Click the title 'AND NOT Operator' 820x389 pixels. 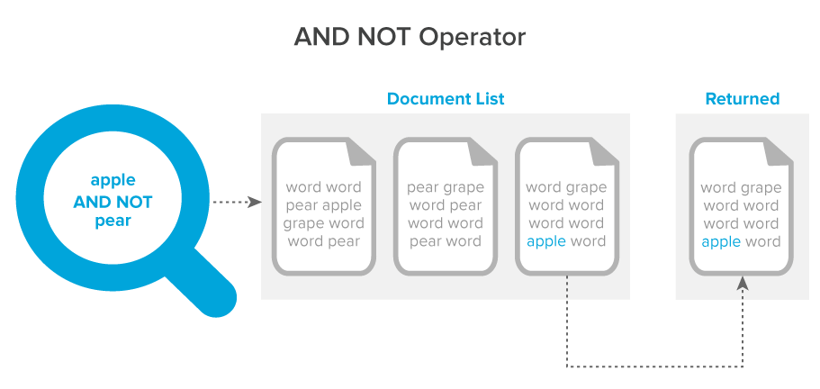(410, 38)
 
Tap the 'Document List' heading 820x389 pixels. (446, 99)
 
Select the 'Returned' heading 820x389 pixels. (742, 99)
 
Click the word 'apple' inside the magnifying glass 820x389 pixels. (113, 180)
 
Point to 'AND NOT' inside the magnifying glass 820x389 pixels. (113, 202)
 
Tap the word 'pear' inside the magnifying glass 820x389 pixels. (113, 222)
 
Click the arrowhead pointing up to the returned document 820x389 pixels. (742, 283)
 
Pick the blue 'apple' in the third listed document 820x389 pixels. (546, 241)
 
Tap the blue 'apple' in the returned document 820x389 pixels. (721, 241)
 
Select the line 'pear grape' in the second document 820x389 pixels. (446, 187)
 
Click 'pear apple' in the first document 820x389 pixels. (324, 205)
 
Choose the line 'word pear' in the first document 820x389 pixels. (324, 241)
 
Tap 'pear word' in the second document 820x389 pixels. (446, 241)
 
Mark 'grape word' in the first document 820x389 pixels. (324, 223)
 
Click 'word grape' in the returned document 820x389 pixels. (741, 187)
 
